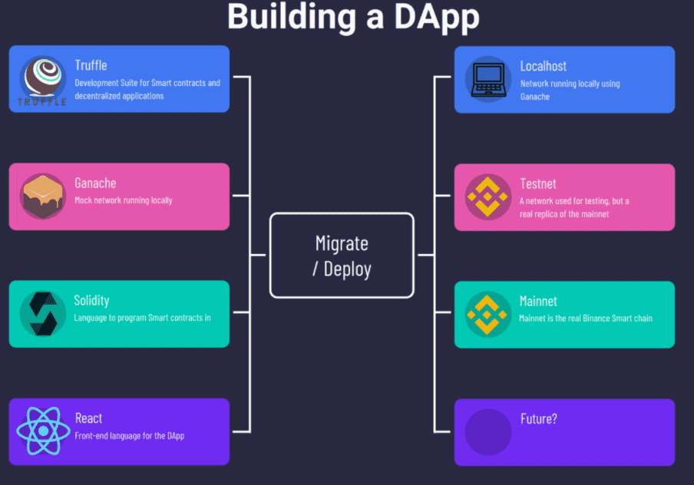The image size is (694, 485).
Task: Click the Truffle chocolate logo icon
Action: tap(42, 81)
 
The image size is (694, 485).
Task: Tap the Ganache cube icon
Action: tap(43, 196)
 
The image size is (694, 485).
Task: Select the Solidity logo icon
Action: tap(43, 313)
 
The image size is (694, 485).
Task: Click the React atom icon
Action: tap(43, 431)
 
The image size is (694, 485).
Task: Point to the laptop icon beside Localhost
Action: tap(488, 79)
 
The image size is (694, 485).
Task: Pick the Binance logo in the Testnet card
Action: tap(488, 197)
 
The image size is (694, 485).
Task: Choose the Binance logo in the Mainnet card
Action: tap(487, 314)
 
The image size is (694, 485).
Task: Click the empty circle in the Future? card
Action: tap(488, 432)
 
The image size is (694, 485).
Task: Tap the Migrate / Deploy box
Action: tap(342, 256)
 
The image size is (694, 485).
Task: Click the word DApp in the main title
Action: tap(436, 18)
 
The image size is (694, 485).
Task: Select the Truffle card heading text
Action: tap(91, 65)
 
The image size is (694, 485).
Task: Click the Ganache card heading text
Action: tap(95, 183)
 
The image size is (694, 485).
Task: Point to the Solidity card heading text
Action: tap(91, 301)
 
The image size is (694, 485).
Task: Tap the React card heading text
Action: tap(88, 418)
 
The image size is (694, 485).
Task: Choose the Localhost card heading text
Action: tap(543, 66)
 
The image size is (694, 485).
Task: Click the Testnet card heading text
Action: tap(537, 183)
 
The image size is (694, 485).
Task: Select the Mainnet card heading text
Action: tap(538, 302)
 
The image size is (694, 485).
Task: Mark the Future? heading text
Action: tap(539, 419)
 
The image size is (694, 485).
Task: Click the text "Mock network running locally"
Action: tap(124, 200)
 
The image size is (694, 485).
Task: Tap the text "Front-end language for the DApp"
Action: tap(130, 436)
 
